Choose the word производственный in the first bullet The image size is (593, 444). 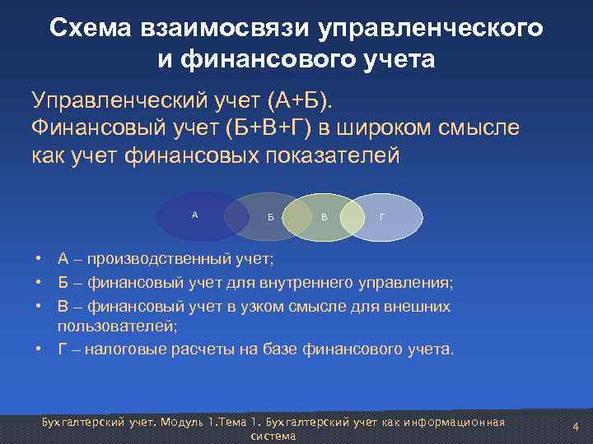(156, 260)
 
